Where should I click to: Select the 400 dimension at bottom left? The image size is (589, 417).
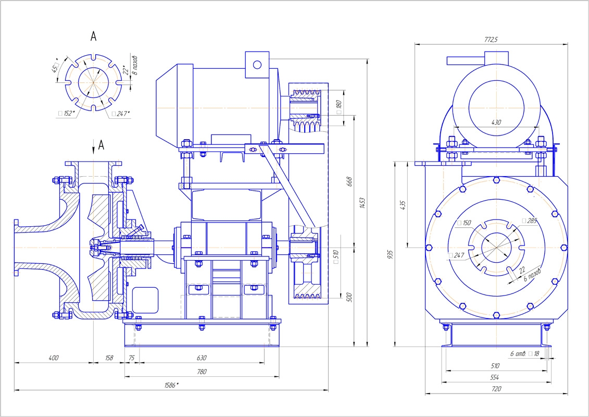[54, 358]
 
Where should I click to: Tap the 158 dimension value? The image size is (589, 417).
[109, 358]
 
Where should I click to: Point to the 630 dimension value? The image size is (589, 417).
[202, 358]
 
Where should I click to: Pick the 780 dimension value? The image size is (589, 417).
[202, 372]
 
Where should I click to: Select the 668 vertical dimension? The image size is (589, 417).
[349, 181]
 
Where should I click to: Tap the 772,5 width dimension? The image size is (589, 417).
[492, 40]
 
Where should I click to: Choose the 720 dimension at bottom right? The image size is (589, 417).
[496, 389]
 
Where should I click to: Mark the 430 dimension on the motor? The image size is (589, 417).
[496, 122]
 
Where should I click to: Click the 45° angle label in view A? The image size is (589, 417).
[55, 69]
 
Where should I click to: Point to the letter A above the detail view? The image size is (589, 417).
[93, 36]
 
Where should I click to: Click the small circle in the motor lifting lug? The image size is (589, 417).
[257, 65]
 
